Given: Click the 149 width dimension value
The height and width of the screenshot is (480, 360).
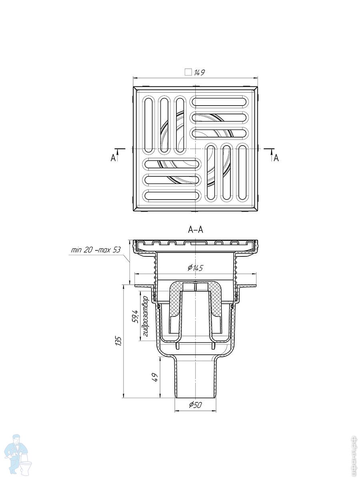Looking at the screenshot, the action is click(x=200, y=72).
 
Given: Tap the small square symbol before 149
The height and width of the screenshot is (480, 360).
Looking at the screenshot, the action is click(x=188, y=72).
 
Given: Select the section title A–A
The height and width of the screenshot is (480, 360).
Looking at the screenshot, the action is click(x=196, y=230).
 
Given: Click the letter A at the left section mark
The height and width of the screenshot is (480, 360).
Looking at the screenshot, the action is click(x=113, y=158).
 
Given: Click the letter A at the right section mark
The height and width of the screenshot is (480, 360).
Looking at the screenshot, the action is click(x=276, y=158).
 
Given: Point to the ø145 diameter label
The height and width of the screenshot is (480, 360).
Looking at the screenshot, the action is click(x=196, y=268).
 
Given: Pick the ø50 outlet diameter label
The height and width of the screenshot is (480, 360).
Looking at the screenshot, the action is click(x=196, y=405).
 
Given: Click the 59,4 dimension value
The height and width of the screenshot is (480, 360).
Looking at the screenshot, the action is click(x=135, y=316).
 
